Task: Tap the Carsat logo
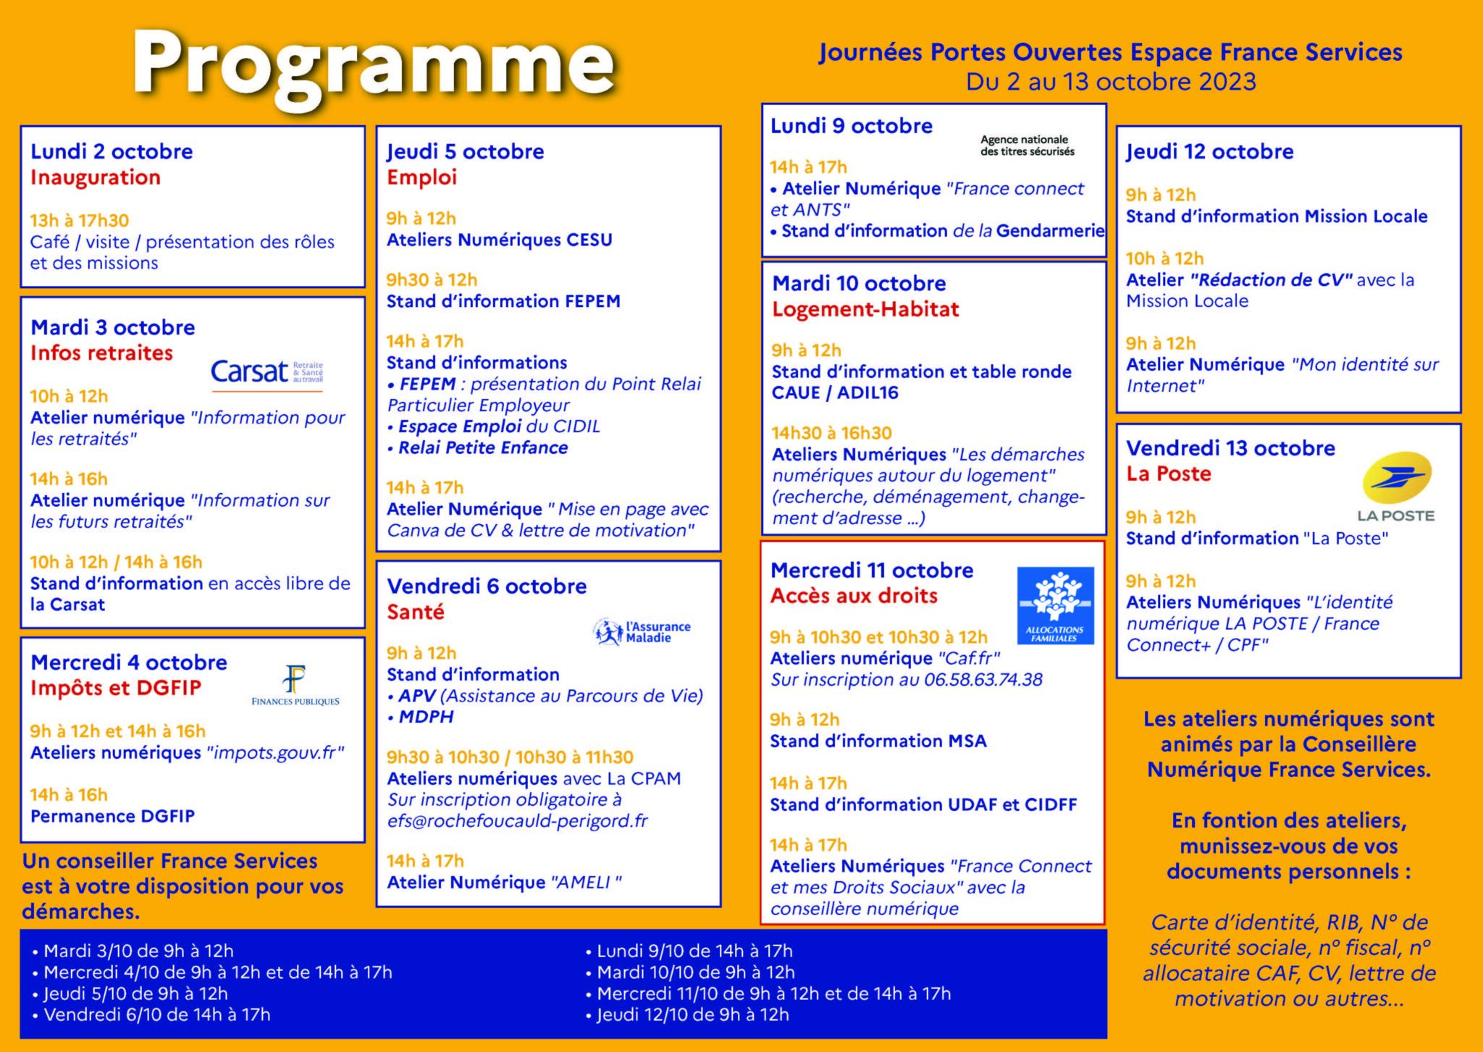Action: pos(266,372)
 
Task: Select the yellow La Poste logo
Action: pos(1395,487)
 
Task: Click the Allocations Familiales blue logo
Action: pos(1055,605)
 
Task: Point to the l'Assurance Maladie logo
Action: pos(642,632)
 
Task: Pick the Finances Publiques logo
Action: pos(295,686)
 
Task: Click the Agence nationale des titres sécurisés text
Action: pos(1027,146)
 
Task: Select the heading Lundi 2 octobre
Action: pos(112,151)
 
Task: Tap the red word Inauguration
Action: pos(96,177)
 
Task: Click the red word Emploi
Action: pos(421,177)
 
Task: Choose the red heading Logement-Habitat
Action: pos(865,309)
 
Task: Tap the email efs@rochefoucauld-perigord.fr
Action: pos(518,821)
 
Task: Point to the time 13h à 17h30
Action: pos(80,220)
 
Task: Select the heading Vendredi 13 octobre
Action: pos(1230,448)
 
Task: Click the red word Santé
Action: pos(416,612)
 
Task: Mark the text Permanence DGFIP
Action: pos(113,816)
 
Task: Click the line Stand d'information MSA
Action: pos(878,741)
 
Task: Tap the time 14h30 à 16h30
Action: pos(832,433)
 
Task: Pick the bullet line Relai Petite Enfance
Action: pos(483,448)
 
